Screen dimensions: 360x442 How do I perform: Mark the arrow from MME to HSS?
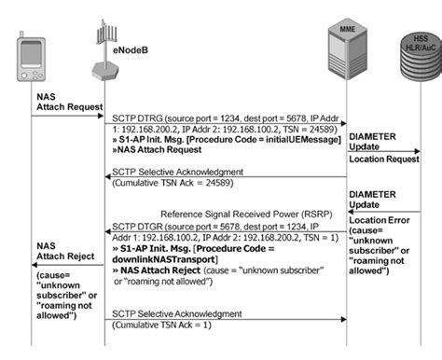(382, 150)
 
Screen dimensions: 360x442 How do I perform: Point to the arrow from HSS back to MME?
(382, 211)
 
